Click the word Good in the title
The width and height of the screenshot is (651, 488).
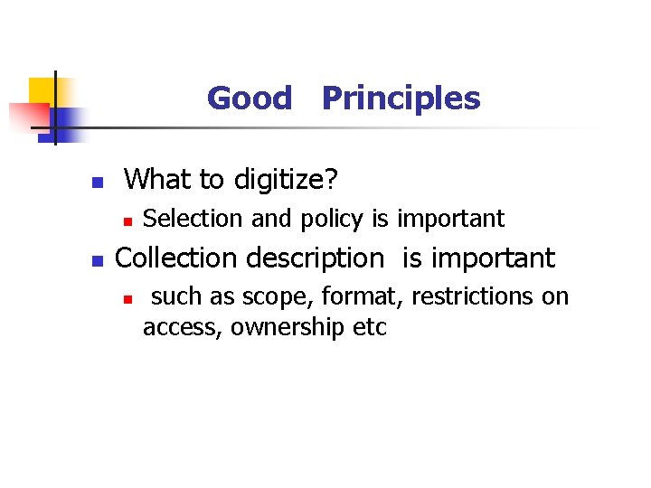(250, 98)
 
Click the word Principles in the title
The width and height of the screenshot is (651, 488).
(401, 98)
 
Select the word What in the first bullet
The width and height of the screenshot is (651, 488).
(159, 180)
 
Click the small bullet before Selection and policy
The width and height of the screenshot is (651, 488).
(128, 220)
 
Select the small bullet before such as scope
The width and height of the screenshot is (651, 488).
(128, 298)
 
